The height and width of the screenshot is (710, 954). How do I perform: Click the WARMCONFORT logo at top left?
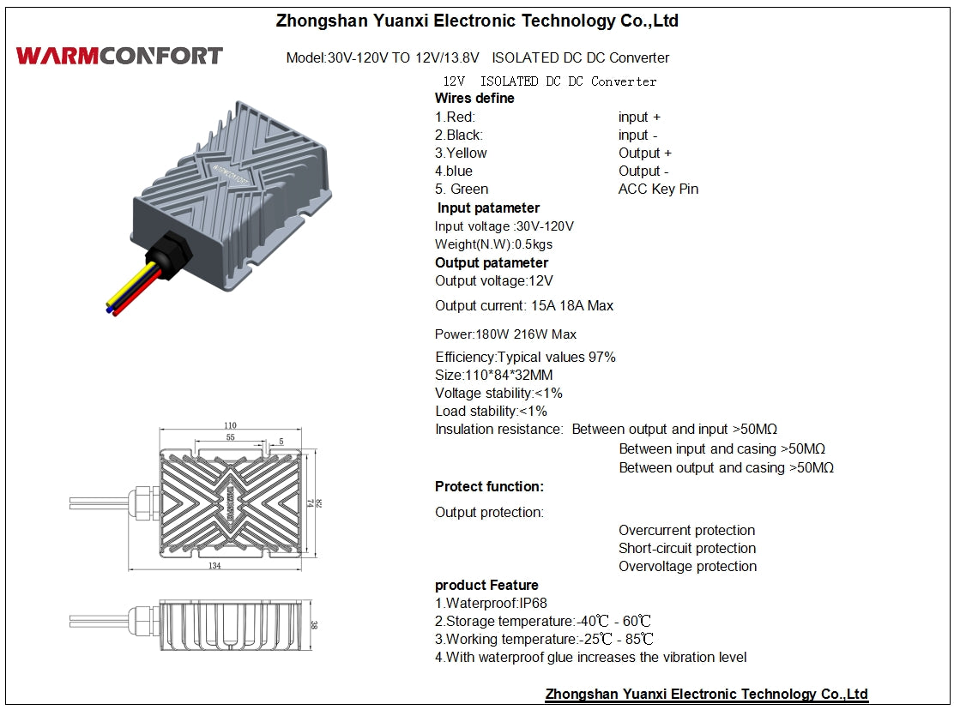(119, 57)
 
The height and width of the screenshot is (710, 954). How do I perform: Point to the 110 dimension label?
(230, 425)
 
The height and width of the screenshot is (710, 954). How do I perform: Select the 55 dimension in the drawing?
(230, 437)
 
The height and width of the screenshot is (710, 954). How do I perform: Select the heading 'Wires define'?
(474, 99)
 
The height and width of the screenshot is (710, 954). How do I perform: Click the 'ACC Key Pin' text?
(658, 190)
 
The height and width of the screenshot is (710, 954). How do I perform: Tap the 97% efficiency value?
(601, 358)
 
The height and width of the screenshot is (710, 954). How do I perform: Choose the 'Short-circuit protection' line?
(687, 549)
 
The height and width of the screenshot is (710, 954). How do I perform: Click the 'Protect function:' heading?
(489, 487)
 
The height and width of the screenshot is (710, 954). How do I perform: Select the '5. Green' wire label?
(462, 190)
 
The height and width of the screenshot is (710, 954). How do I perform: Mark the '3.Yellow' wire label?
(461, 153)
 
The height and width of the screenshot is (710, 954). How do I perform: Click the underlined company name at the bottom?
(706, 695)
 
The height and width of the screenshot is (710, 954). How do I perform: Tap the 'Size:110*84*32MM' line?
(493, 376)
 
